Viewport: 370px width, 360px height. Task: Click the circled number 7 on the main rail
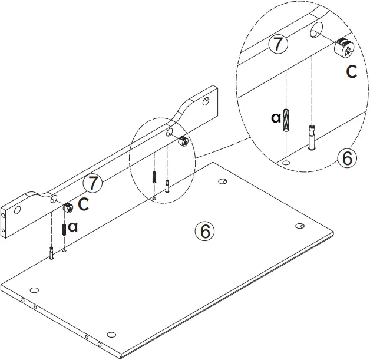pos(92,183)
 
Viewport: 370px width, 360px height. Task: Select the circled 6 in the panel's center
pos(204,231)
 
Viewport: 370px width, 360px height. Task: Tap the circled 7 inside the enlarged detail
pos(278,44)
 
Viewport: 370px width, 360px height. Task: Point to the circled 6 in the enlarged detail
pos(346,158)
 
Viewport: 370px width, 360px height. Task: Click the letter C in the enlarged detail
pos(351,72)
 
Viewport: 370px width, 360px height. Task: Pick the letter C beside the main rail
pos(84,204)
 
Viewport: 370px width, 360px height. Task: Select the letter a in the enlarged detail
pos(276,118)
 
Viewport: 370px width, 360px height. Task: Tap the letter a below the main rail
pos(72,226)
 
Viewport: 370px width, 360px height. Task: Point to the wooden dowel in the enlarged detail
pos(286,121)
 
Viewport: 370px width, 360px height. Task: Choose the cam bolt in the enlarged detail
pos(311,137)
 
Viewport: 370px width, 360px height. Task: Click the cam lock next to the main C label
pos(68,207)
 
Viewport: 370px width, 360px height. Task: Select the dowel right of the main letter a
pos(63,227)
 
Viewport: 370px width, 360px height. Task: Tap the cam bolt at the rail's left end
pos(52,252)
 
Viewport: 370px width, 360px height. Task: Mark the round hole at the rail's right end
pos(206,102)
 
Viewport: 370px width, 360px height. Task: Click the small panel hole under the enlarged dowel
pos(286,161)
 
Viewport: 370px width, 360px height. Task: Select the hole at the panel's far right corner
pos(299,226)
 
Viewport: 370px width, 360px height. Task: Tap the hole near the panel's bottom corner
pos(112,332)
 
